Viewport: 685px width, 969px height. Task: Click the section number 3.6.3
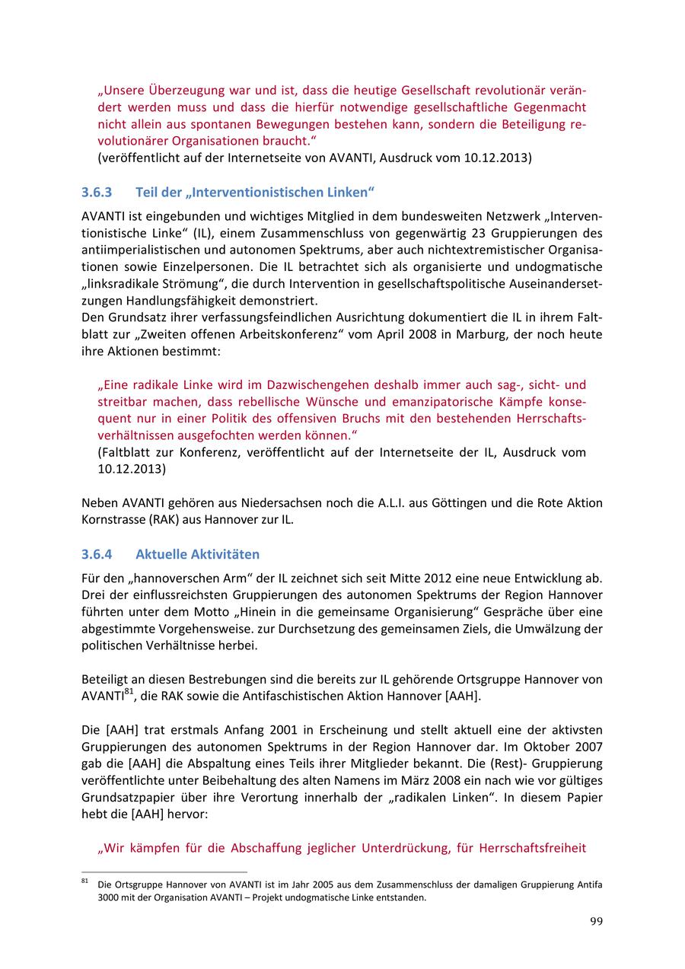pos(97,192)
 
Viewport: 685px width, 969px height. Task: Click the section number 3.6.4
pos(97,554)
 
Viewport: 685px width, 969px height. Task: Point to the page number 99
pos(596,922)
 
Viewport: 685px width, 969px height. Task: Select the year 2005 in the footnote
pos(298,885)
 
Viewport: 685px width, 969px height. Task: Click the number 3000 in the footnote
pos(111,897)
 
